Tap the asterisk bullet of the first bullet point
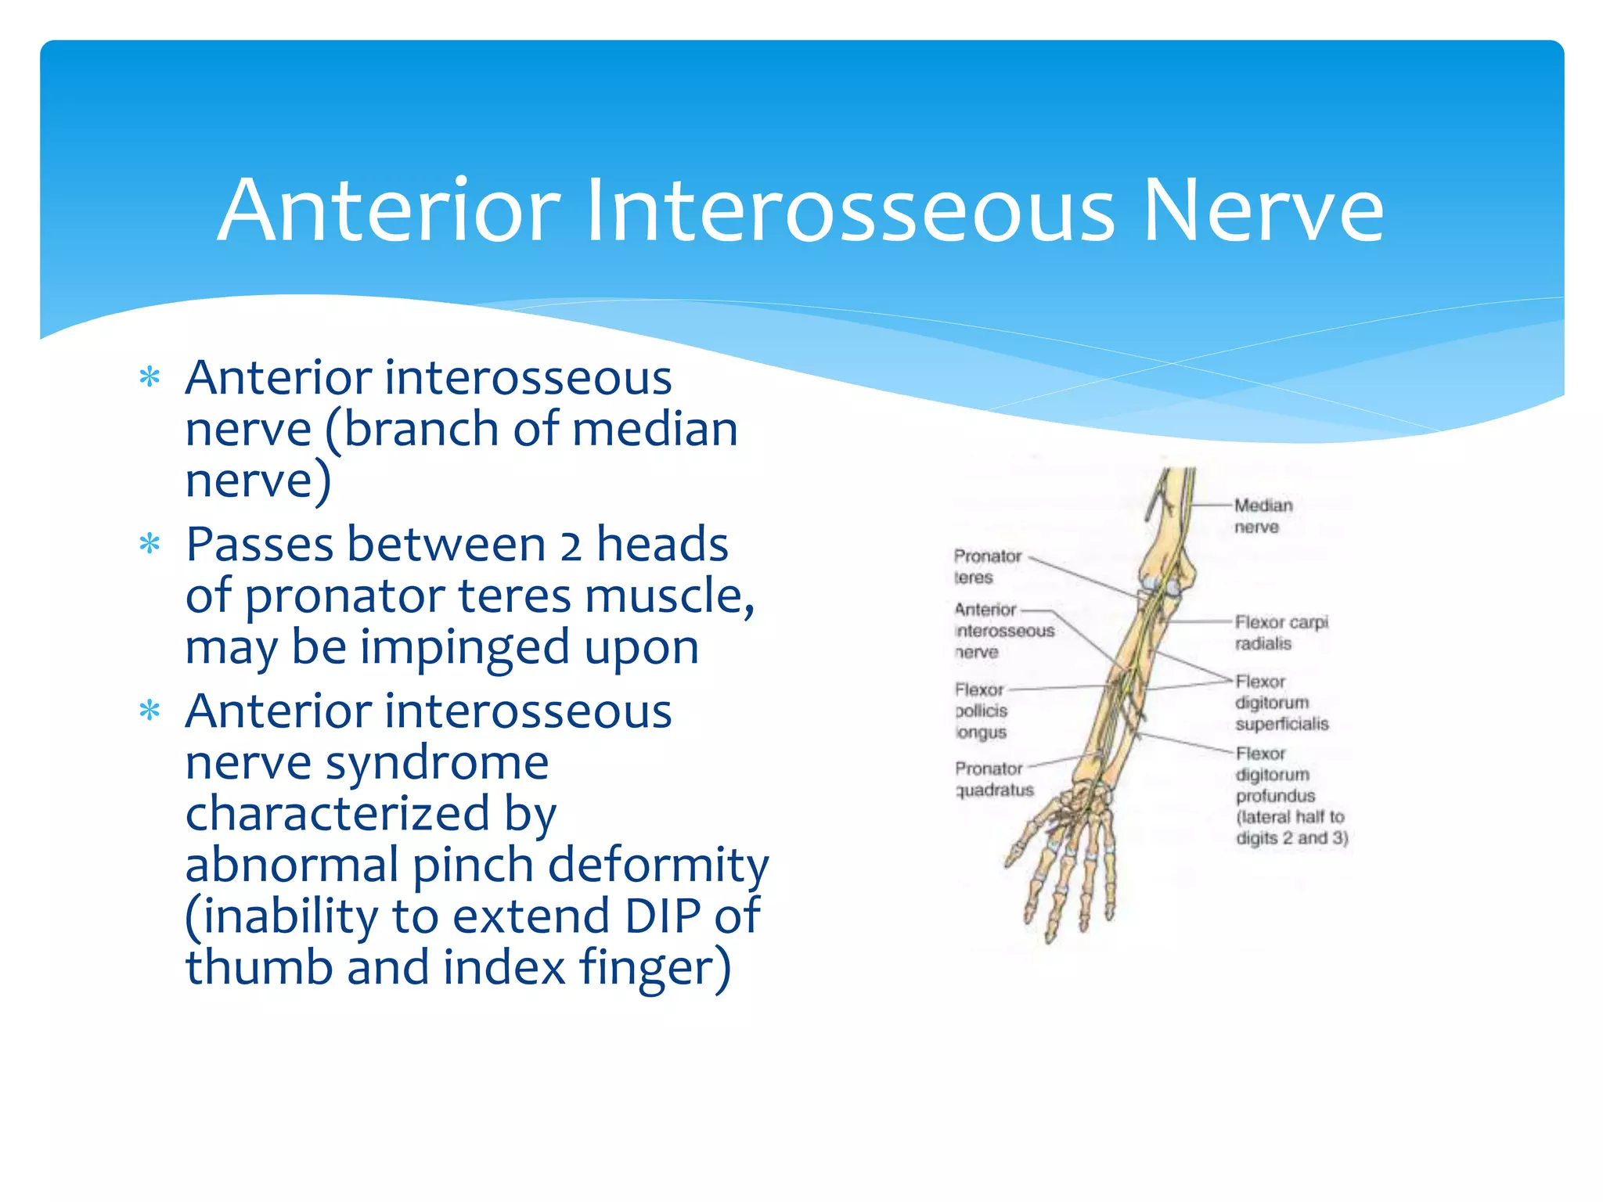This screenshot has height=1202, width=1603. point(149,378)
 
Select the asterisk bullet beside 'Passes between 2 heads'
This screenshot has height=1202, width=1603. point(149,544)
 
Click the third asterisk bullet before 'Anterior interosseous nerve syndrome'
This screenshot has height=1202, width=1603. point(149,711)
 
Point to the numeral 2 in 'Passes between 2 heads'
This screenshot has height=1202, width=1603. point(571,545)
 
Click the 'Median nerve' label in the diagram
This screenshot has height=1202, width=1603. point(1263,516)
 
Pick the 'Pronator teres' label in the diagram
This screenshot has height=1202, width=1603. point(987,567)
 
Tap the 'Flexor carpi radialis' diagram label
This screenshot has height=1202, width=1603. point(1281,632)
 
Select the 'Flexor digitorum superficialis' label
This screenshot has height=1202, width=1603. point(1281,703)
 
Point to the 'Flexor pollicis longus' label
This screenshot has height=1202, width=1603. point(981,711)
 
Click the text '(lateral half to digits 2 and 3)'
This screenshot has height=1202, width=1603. point(1291,827)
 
